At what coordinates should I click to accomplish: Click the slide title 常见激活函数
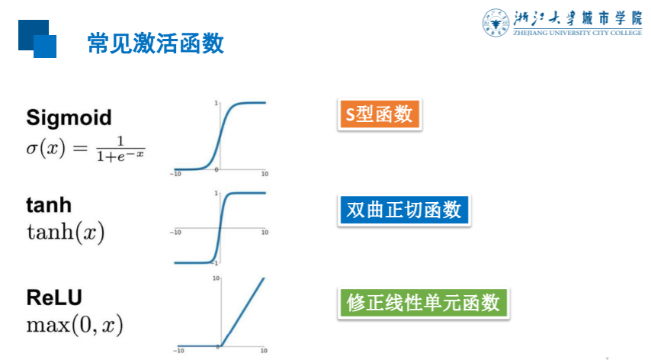point(156,43)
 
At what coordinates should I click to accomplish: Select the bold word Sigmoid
point(69,117)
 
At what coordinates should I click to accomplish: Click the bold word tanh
point(49,204)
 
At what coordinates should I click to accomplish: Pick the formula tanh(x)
point(66,232)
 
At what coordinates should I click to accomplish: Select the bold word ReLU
point(54,297)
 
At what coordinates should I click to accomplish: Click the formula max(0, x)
point(75,325)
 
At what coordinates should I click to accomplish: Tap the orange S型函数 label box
point(379,114)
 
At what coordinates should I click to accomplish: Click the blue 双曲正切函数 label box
point(403,210)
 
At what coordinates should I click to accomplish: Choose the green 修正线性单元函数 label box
point(422,303)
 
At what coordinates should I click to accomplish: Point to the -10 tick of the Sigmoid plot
point(175,175)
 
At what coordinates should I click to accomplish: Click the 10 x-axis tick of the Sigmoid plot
point(265,175)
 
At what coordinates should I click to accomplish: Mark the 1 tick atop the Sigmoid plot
point(216,102)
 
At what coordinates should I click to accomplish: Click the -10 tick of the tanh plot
point(175,233)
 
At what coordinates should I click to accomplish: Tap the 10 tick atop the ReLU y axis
point(216,278)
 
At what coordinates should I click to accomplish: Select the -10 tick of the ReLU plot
point(178,352)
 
